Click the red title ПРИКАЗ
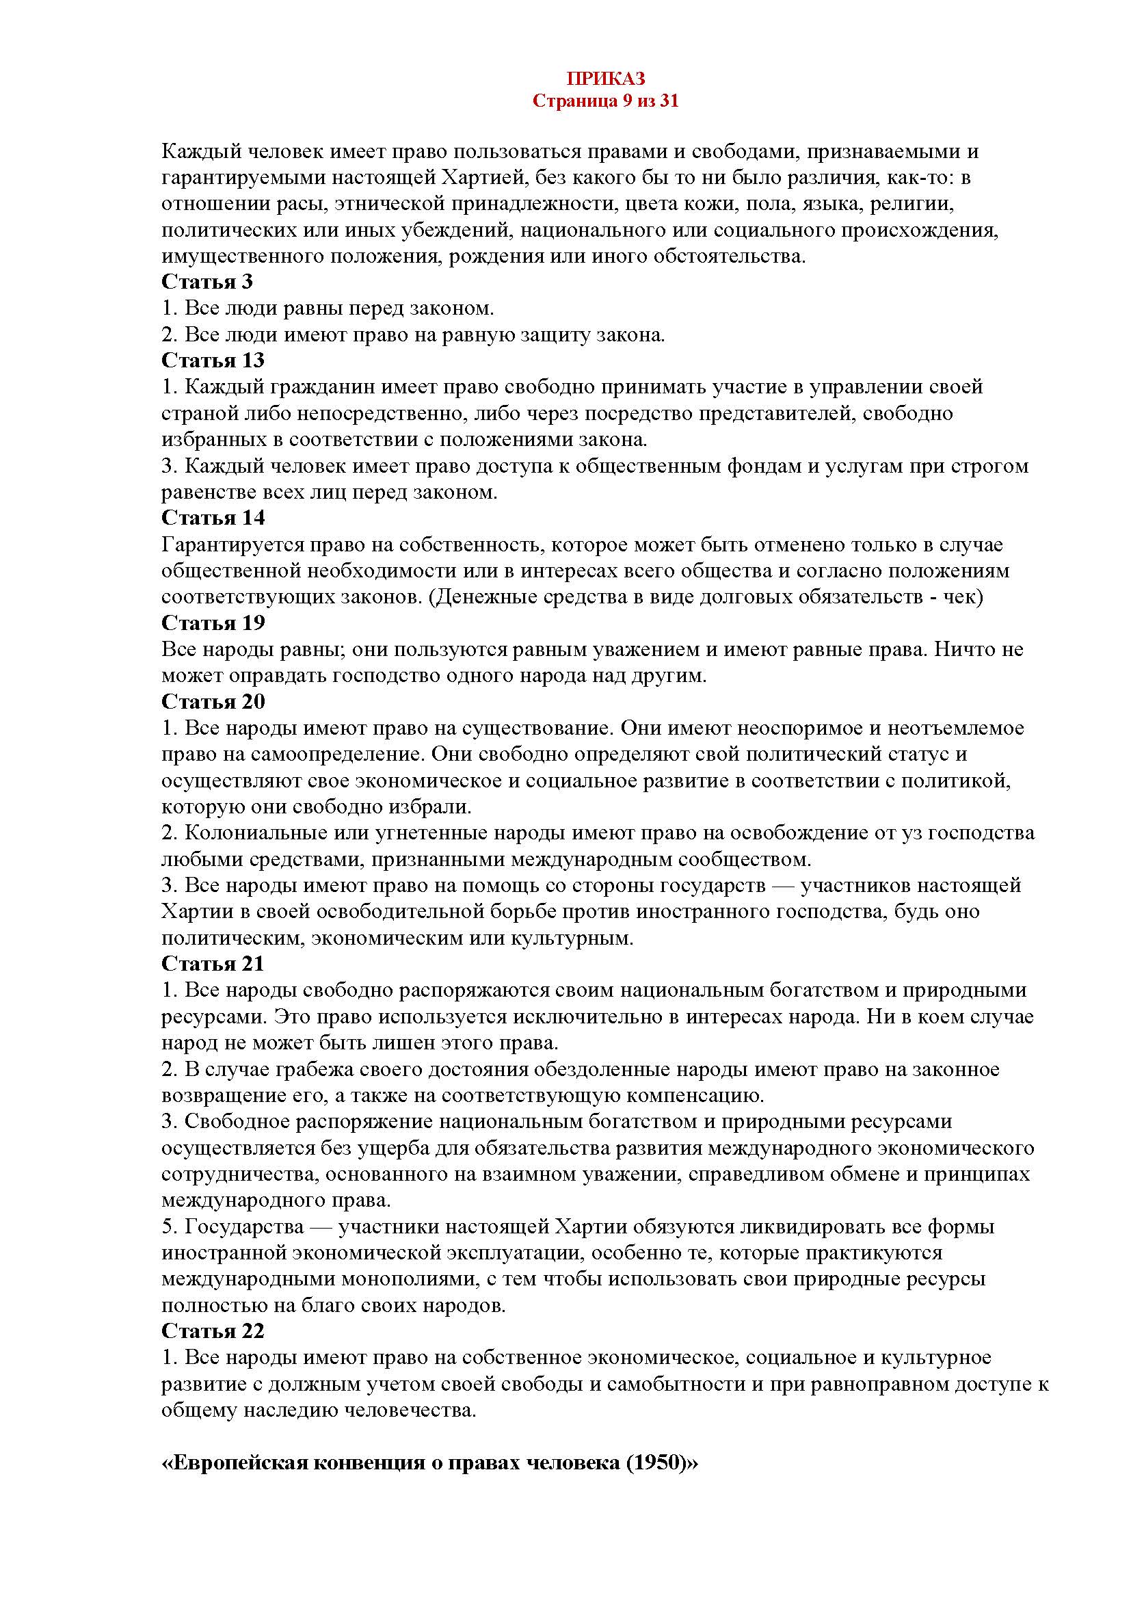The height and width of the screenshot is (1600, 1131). (x=605, y=78)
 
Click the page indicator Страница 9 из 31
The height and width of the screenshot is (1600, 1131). (x=605, y=101)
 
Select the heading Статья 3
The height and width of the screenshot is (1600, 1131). (x=207, y=283)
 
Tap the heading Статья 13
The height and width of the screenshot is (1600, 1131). (x=213, y=361)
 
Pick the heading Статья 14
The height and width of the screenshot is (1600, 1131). (x=213, y=519)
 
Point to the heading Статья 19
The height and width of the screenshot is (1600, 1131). (x=213, y=623)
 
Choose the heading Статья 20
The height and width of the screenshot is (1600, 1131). (x=213, y=702)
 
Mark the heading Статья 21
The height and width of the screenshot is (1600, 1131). (x=213, y=964)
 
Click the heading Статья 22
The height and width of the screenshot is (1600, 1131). (x=213, y=1331)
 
